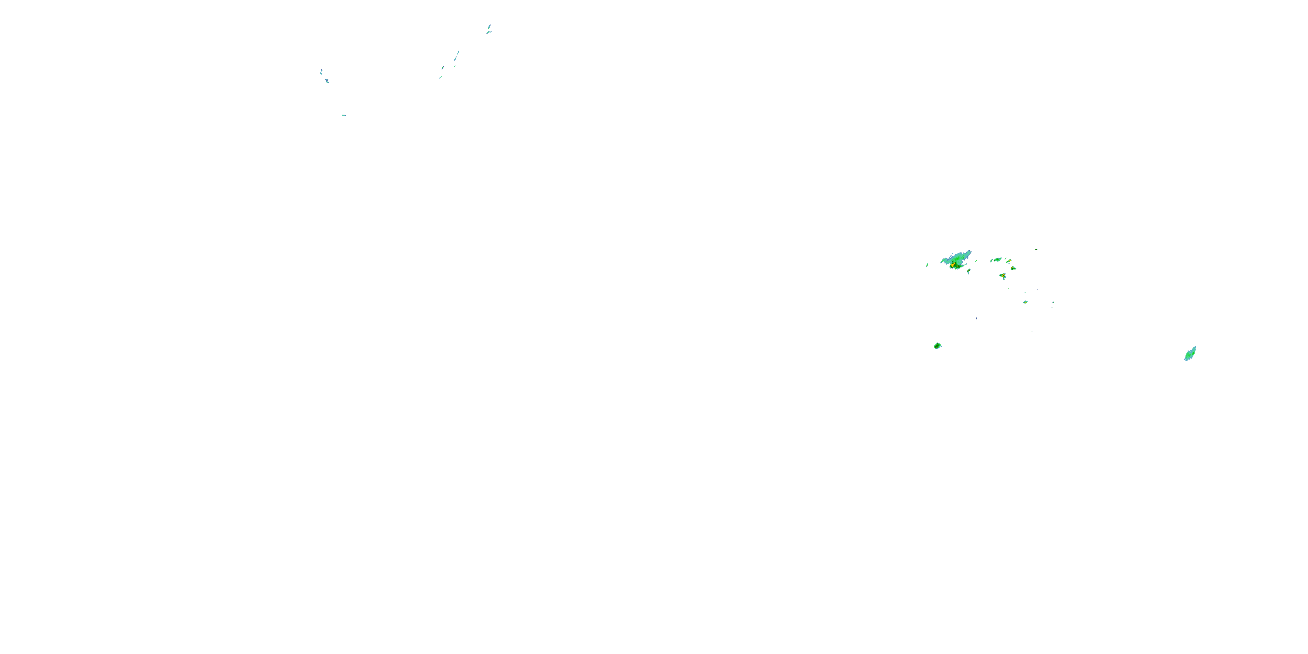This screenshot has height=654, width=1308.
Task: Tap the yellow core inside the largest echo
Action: (953, 265)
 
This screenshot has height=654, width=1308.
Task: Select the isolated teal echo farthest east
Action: (1190, 354)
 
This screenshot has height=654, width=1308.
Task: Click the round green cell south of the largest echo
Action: (937, 346)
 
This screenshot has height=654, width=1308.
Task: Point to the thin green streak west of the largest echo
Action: (927, 265)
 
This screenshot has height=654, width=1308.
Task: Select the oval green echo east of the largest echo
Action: (997, 259)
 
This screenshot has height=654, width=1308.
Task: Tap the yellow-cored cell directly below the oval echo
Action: (1003, 276)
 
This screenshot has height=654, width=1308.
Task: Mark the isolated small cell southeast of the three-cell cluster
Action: (1025, 302)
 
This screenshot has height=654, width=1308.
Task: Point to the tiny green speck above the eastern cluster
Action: (1036, 249)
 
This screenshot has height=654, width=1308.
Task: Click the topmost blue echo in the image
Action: (489, 27)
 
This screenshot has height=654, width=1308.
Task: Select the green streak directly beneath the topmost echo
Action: (488, 33)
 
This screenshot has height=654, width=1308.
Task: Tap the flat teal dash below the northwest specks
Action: (344, 115)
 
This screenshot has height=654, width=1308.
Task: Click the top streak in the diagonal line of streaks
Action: (458, 52)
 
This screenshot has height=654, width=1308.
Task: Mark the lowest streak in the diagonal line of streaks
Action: (440, 78)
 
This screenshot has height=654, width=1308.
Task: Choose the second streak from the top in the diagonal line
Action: (456, 58)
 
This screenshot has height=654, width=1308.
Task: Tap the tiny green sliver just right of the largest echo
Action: (976, 261)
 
